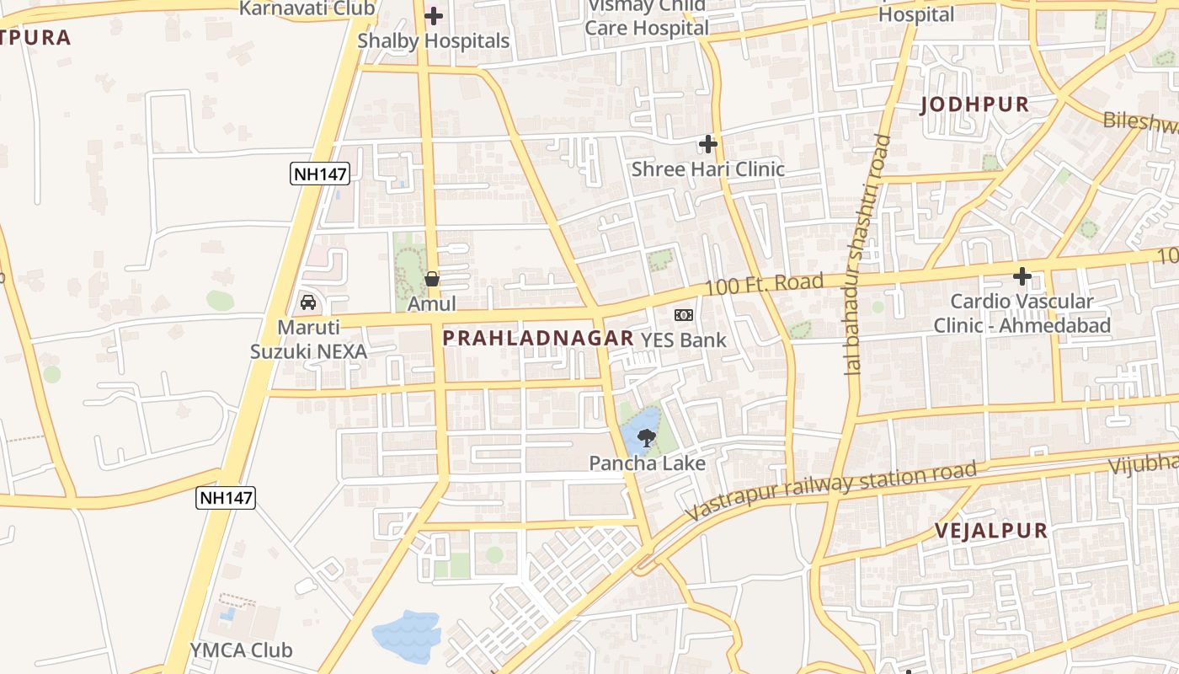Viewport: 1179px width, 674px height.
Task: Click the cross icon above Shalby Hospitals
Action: (434, 16)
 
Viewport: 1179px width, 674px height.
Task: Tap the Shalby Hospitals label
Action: (434, 40)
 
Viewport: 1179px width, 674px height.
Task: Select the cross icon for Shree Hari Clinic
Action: (707, 144)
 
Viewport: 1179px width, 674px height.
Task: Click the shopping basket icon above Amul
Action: (432, 279)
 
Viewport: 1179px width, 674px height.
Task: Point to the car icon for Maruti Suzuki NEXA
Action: (308, 302)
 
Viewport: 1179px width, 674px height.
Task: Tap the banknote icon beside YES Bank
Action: (684, 315)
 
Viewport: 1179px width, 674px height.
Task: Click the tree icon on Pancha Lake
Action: (647, 437)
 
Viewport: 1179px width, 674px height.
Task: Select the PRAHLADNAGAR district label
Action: (538, 339)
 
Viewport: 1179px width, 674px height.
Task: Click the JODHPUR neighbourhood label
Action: (974, 104)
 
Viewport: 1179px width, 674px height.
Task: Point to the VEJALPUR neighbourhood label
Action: (992, 531)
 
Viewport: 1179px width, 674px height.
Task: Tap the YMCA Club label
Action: (241, 650)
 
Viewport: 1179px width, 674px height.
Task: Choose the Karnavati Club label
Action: (307, 8)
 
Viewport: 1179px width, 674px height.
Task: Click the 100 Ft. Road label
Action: (764, 284)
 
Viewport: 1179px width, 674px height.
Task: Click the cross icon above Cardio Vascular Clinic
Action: (1022, 275)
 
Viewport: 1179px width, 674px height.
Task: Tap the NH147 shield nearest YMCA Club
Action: (226, 498)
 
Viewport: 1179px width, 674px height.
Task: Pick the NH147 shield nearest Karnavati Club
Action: (320, 174)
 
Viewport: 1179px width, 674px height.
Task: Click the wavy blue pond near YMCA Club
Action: (407, 634)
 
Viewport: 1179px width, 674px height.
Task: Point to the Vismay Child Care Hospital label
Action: (647, 18)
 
